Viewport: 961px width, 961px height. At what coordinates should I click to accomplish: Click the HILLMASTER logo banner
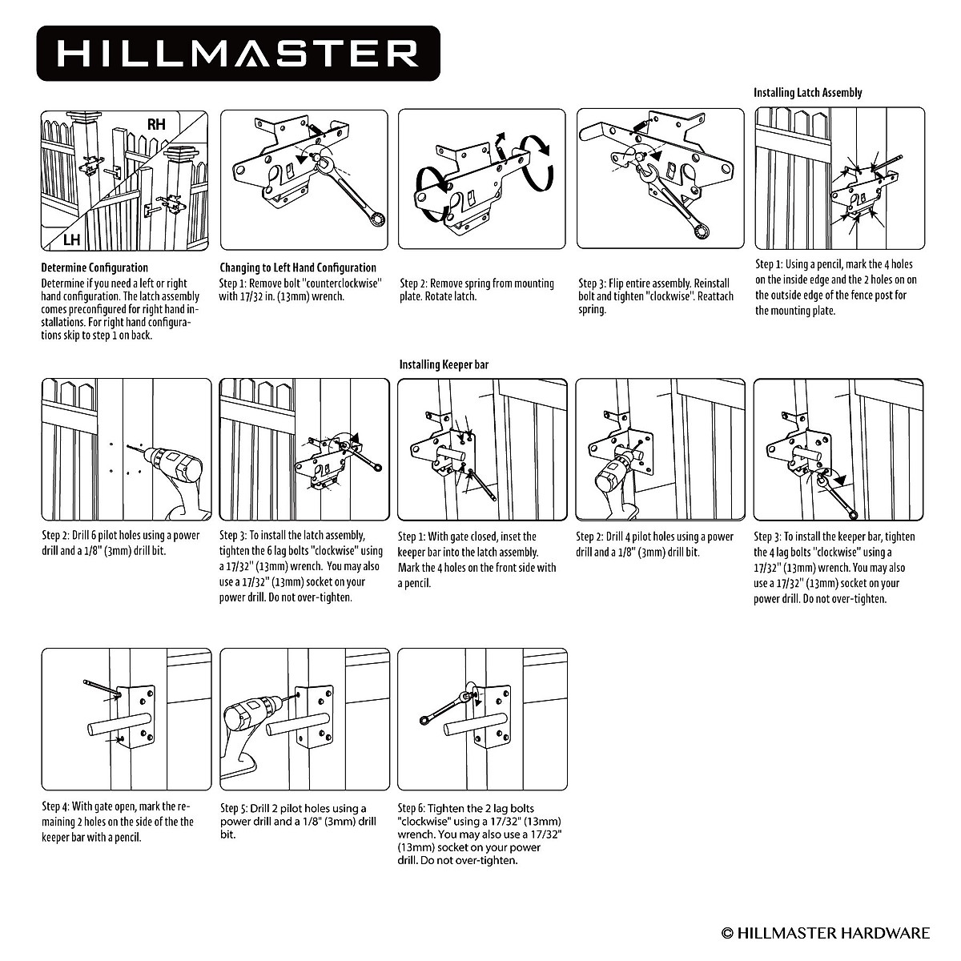click(238, 53)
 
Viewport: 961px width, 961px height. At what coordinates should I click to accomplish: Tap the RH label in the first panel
click(156, 124)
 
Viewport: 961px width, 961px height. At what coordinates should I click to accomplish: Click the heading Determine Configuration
click(94, 267)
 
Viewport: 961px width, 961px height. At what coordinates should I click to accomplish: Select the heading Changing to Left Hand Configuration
click(298, 267)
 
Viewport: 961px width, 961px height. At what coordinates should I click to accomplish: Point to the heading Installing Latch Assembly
click(807, 93)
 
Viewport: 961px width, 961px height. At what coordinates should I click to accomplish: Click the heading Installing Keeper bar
click(444, 365)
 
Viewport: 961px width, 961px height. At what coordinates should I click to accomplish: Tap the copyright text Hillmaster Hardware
click(826, 932)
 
